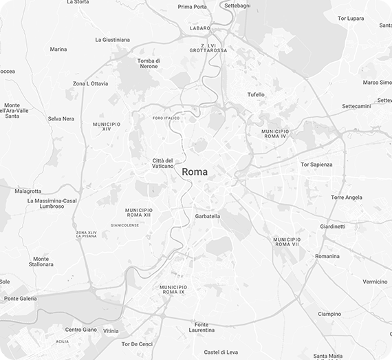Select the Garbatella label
207,216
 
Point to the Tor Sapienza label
316,165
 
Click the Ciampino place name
329,314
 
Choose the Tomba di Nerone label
149,63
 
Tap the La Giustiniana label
112,40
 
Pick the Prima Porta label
191,6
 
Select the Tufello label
256,94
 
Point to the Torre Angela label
346,198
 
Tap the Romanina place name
327,256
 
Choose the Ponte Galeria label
21,299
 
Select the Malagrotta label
28,191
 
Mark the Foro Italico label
166,118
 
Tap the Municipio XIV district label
106,126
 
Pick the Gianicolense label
124,224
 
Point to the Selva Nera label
61,118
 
